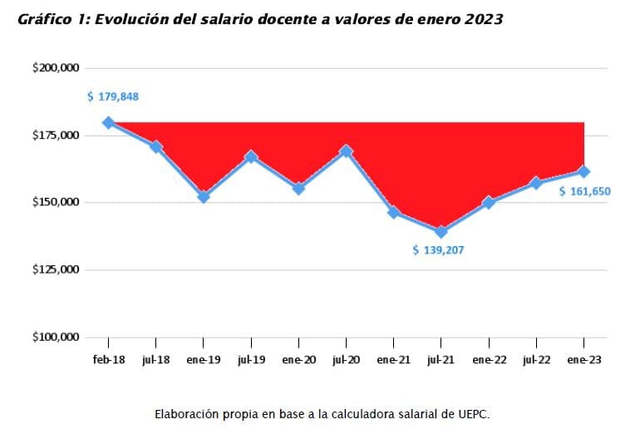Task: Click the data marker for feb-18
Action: (x=108, y=123)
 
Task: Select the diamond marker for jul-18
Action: (x=155, y=147)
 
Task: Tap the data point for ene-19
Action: (x=204, y=197)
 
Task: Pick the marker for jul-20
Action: (x=346, y=151)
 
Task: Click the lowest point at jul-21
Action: (x=441, y=232)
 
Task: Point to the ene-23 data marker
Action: (x=584, y=171)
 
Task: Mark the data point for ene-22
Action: (x=489, y=202)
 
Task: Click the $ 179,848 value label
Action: (x=113, y=96)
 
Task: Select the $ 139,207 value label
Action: (x=439, y=249)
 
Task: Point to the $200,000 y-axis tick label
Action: (x=57, y=68)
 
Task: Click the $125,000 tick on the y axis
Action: (x=57, y=270)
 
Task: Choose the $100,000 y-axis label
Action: (x=57, y=338)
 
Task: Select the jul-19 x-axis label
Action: (x=251, y=360)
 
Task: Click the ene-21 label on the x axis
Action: (x=393, y=360)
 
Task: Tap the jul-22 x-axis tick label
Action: (x=536, y=360)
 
